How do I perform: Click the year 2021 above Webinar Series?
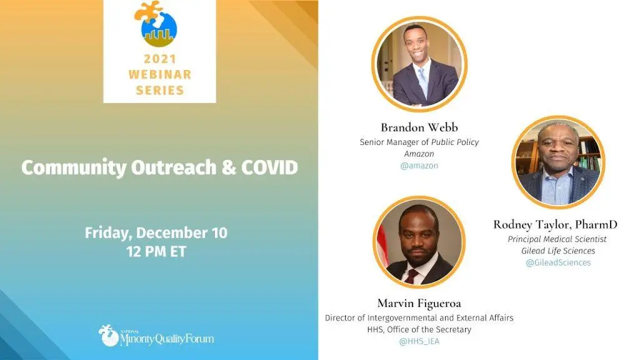[159, 59]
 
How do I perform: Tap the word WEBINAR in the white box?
[159, 74]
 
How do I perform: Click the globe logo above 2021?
[156, 24]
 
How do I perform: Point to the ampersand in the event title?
[229, 167]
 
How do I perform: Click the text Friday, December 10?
[156, 232]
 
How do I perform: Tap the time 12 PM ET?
[156, 251]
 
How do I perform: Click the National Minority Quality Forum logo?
[156, 336]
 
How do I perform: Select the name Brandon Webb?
[419, 127]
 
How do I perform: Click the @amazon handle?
[419, 166]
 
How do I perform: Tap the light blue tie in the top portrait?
[422, 81]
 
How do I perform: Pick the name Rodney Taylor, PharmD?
[555, 224]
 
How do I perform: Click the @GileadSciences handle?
[558, 262]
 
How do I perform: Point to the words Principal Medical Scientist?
[557, 239]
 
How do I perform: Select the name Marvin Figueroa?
[419, 303]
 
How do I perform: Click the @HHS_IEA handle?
[419, 341]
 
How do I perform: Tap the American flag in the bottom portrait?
[382, 245]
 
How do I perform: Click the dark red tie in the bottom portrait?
[411, 276]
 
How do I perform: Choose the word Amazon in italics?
[419, 154]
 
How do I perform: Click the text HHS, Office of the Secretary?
[419, 329]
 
